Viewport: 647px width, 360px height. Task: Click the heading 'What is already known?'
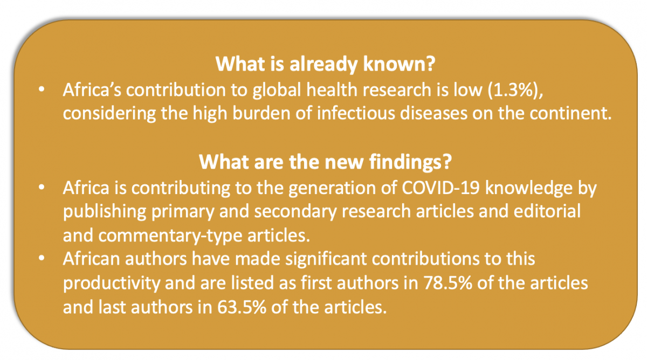[x=325, y=64]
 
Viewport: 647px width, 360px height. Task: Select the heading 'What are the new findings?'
[x=325, y=162]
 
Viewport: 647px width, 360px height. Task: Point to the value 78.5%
[x=448, y=283]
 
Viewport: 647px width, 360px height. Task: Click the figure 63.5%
[x=242, y=307]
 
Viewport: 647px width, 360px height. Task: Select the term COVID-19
[x=441, y=188]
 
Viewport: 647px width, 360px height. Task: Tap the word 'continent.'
[x=570, y=114]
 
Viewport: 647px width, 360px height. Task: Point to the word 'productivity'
[x=112, y=283]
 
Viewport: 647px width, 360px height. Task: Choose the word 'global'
[x=277, y=90]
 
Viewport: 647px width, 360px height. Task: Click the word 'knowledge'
[x=528, y=189]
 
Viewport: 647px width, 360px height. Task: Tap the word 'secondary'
[x=295, y=212]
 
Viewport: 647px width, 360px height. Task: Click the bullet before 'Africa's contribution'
[x=42, y=89]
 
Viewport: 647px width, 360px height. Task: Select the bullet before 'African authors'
[x=42, y=258]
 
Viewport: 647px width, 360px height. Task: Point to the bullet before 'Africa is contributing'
[x=42, y=188]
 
